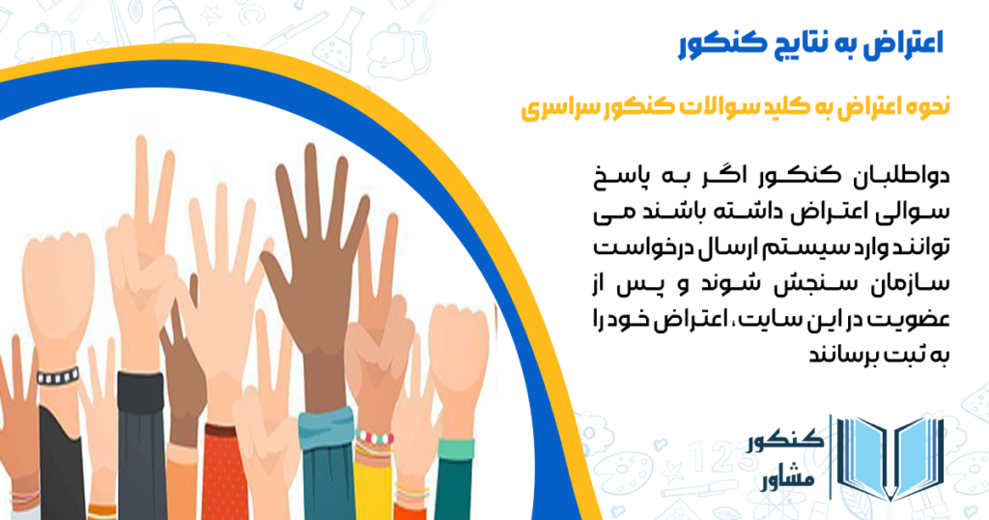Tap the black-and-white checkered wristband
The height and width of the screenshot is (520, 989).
click(x=58, y=375)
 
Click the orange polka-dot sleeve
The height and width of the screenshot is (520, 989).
click(x=221, y=474)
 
